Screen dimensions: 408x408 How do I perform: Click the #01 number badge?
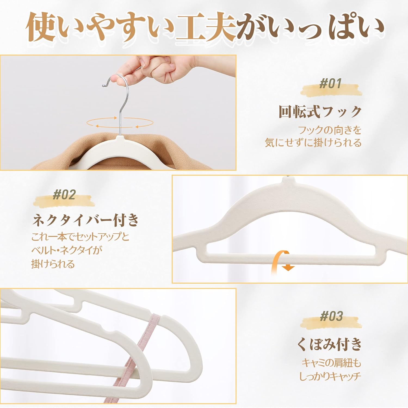330,84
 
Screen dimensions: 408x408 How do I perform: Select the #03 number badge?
331,316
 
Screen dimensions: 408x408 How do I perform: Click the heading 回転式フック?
320,112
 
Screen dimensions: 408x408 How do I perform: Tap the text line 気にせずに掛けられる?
313,143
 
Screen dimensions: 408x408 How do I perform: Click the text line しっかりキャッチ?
330,376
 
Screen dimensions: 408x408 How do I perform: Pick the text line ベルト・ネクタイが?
67,250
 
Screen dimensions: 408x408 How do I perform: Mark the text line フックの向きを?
330,130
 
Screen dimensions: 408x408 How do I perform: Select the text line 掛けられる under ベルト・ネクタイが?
53,264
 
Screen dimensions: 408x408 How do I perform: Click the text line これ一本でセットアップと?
80,236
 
